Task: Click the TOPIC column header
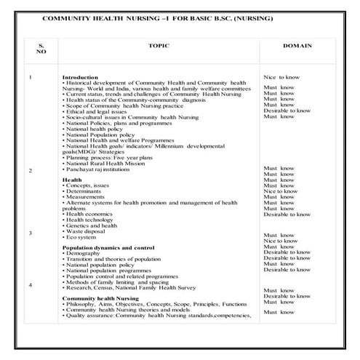158,45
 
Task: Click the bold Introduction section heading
79,77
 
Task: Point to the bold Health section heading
71,179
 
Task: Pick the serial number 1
30,77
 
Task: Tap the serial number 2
30,170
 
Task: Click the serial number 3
30,233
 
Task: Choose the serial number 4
30,285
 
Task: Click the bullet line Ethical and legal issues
97,111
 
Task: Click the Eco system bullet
81,237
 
